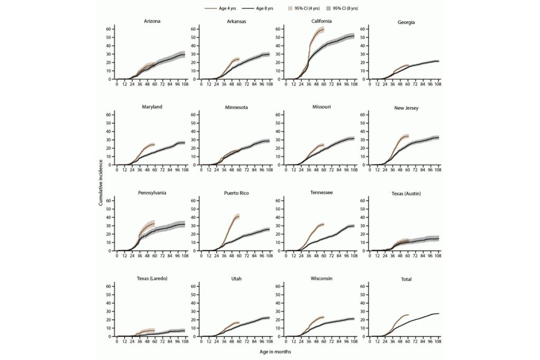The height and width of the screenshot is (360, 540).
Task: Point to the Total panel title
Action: [x=406, y=279]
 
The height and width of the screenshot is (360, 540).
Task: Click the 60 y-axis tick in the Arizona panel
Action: [x=109, y=29]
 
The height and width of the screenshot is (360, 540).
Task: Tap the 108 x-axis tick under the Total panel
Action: [x=438, y=341]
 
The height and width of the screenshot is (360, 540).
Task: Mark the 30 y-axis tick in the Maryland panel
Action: [x=109, y=140]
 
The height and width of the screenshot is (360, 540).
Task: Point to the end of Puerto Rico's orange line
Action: [x=239, y=216]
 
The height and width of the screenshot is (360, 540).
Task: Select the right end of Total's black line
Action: [x=438, y=314]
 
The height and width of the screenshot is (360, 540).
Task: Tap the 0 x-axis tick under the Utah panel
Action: [x=201, y=341]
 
